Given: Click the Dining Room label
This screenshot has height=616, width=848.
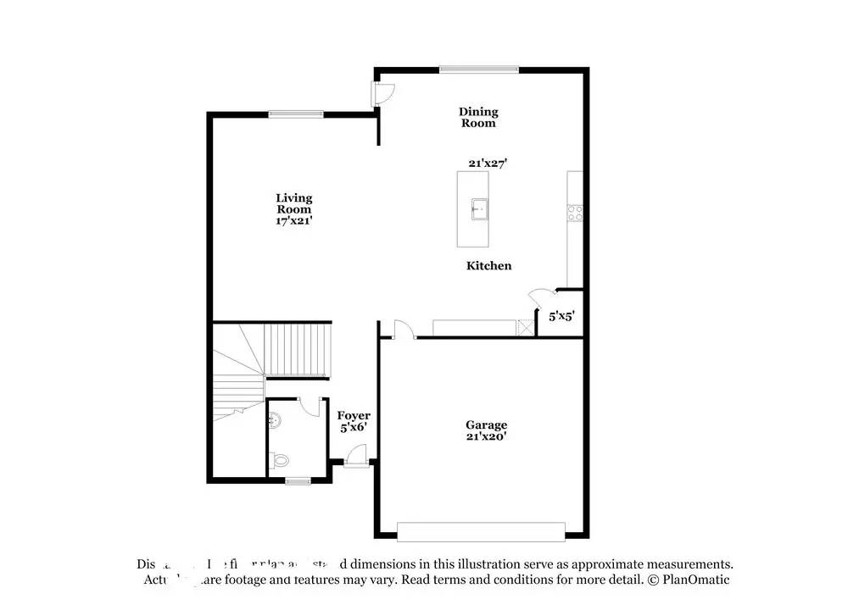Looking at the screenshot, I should [x=478, y=117].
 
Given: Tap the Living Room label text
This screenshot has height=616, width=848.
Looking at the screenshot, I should [x=293, y=203].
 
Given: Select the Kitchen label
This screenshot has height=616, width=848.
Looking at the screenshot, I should [x=489, y=266].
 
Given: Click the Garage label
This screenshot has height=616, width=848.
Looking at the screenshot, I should [x=486, y=425].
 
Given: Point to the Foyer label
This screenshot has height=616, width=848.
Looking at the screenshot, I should [x=354, y=415].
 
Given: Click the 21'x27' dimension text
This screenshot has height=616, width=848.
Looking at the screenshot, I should [x=487, y=164].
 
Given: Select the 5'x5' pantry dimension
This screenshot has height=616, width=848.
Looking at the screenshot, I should [x=561, y=316].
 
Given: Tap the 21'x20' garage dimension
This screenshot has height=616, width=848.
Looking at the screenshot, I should [x=486, y=437].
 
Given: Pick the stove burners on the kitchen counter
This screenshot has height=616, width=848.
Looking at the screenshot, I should [x=576, y=213].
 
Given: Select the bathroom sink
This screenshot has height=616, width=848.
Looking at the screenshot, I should [x=274, y=417].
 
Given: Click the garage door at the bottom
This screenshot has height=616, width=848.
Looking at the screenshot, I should [x=482, y=531].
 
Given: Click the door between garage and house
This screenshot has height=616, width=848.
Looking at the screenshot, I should [x=403, y=329].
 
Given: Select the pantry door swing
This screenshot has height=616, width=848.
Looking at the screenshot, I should [x=540, y=297].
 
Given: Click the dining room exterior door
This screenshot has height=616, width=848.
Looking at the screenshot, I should [x=382, y=93].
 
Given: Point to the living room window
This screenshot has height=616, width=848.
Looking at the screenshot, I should [x=296, y=114].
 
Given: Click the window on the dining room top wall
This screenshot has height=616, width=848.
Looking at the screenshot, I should [x=478, y=69].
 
